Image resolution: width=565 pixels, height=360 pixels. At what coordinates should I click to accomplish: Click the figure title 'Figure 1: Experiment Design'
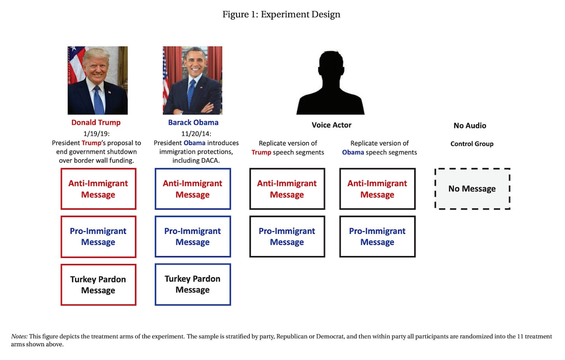point(281,14)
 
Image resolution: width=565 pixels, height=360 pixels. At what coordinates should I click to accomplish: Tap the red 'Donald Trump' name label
point(96,122)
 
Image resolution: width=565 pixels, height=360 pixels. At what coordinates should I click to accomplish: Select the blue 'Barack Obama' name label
point(193,122)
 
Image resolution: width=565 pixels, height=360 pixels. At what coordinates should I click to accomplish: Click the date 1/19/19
point(96,134)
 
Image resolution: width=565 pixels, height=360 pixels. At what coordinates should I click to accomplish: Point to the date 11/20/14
point(196,134)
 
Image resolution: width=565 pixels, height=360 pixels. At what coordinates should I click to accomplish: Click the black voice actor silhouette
point(331,83)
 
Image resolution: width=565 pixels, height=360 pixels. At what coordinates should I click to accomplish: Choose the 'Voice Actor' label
point(331,125)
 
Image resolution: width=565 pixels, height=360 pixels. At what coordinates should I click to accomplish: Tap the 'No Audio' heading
point(470,125)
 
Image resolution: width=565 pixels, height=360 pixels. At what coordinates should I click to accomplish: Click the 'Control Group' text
point(472,144)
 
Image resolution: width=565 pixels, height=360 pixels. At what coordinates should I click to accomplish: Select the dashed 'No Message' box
point(472,189)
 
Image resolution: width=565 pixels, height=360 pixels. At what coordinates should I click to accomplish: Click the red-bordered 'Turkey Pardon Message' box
point(98,285)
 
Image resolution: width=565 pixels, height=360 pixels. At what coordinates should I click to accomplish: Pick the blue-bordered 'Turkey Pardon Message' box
point(192,284)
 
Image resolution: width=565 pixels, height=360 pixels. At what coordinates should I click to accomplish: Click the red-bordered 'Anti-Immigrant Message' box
point(98,189)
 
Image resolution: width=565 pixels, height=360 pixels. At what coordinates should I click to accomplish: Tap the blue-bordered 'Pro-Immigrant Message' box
point(192,237)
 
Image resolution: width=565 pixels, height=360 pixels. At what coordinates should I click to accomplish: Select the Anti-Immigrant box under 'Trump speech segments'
point(287,189)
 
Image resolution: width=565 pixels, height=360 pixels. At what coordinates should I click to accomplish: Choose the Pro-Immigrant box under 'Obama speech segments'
point(377,237)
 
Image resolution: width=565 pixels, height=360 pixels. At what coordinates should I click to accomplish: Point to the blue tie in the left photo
point(98,100)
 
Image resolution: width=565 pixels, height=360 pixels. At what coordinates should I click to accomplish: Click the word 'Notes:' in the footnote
point(19,336)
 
